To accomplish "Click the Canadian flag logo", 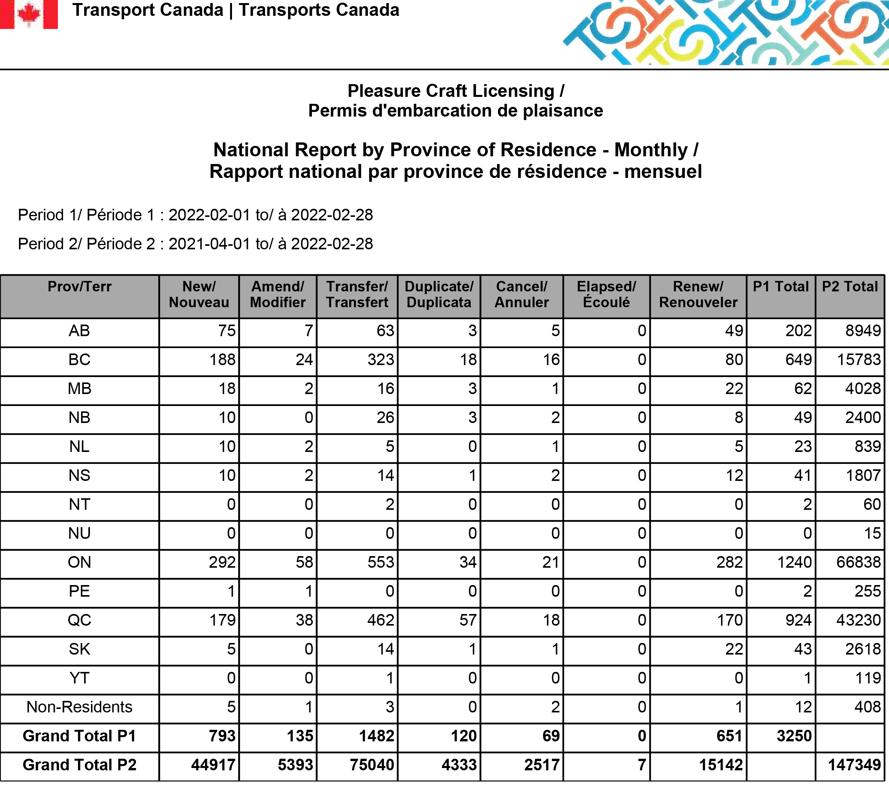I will point(29,14).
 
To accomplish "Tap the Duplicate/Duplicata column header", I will point(439,294).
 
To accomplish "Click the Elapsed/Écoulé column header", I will point(606,294).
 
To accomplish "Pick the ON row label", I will point(80,563).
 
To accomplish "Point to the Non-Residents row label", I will point(80,707).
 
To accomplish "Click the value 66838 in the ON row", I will point(859,563).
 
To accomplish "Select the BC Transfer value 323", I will point(381,360).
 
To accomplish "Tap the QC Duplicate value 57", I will point(468,621).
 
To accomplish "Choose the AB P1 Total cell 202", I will point(799,331).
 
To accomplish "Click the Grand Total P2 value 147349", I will point(854,765).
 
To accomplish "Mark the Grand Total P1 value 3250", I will point(794,736).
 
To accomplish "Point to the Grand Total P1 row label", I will point(80,736).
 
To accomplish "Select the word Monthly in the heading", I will point(651,150).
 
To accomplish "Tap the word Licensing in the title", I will point(513,91).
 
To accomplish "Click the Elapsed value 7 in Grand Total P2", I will point(642,765).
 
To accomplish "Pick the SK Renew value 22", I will point(734,650).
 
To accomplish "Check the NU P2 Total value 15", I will point(872,534).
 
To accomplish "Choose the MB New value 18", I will point(227,389).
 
